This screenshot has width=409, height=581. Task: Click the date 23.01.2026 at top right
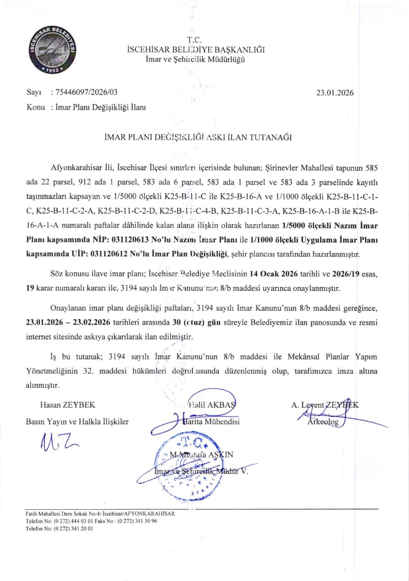coord(335,93)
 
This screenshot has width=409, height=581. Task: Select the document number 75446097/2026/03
coord(86,93)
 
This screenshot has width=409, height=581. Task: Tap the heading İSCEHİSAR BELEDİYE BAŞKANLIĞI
coord(196,50)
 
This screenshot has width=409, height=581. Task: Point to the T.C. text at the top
coord(195,41)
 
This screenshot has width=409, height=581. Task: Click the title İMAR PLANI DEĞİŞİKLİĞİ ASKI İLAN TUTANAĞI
coord(198,137)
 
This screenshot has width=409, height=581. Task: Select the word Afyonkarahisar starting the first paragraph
coord(73,168)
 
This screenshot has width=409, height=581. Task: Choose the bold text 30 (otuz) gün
coord(197,322)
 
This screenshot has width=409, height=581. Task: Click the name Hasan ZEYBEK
coord(67,405)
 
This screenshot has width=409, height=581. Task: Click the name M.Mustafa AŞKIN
coord(201,455)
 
